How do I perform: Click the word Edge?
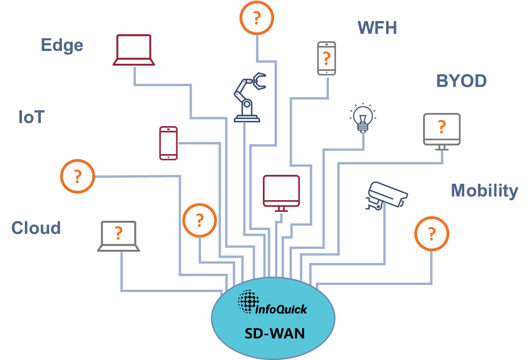click(x=62, y=45)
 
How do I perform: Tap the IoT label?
click(x=31, y=117)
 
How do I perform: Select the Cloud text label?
click(x=37, y=228)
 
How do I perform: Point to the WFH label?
click(x=377, y=28)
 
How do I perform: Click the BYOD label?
click(x=461, y=81)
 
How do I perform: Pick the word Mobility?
click(x=484, y=191)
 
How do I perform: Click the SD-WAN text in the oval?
click(x=274, y=333)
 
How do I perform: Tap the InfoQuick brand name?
click(x=281, y=309)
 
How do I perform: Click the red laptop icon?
click(x=134, y=50)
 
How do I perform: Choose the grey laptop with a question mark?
click(x=119, y=236)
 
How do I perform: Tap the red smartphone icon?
click(x=169, y=143)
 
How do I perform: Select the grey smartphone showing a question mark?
click(x=327, y=58)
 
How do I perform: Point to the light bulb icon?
click(x=363, y=116)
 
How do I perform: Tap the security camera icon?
click(x=385, y=195)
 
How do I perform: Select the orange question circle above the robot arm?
click(x=256, y=18)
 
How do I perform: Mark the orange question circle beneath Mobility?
click(x=432, y=233)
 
